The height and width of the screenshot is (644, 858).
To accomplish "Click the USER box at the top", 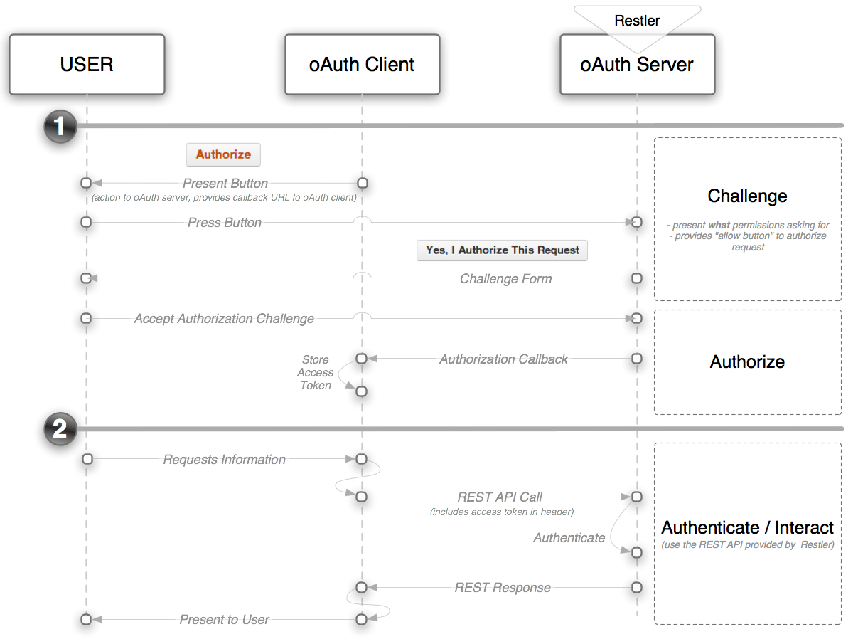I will pos(87,65).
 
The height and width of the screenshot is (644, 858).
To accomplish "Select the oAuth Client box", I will pos(362,65).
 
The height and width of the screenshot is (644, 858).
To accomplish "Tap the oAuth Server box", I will pos(637,65).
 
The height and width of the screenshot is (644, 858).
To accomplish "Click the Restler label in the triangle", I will pos(637,21).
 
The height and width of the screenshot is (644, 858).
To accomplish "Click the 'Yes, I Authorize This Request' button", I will pos(502,250).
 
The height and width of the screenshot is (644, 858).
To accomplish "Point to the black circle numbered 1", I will pos(60,126).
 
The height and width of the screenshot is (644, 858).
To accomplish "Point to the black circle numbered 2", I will pos(60,429).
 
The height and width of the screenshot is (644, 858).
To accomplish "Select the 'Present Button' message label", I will pos(225,184).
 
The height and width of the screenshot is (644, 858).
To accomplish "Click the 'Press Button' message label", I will pos(225,223).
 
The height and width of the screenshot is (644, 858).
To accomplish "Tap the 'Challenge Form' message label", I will pos(505,279).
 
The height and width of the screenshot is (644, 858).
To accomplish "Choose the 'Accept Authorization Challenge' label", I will pos(224,319).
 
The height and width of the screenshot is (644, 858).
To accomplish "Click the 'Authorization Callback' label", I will pos(503,359).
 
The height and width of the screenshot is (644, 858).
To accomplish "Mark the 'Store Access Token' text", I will pos(316,373).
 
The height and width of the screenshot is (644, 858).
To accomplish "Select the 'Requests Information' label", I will pos(225,460).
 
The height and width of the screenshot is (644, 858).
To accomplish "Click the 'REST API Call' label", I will pos(500,497).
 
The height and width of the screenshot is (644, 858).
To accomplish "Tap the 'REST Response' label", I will pos(503,588).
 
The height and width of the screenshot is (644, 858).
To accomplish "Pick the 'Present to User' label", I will pos(224,620).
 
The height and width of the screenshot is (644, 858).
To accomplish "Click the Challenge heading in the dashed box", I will pos(747,196).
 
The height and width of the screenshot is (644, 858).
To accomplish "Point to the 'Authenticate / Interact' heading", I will pos(747,528).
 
